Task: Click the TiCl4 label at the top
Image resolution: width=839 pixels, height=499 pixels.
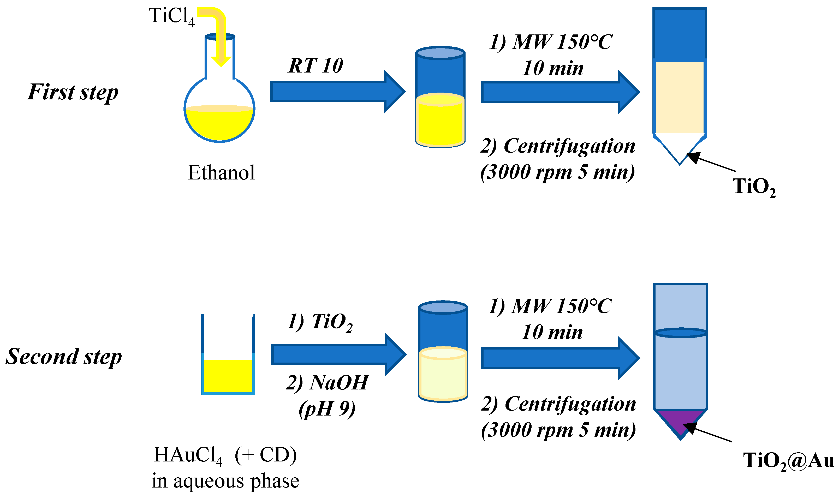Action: pos(171,16)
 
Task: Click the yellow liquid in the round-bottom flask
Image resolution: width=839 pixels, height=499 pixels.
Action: pos(219,124)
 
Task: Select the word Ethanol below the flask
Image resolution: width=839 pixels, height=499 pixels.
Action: pos(221,173)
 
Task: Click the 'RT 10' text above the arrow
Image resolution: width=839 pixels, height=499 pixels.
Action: pos(315,65)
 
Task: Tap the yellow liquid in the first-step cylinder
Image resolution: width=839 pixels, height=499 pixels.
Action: pos(440,123)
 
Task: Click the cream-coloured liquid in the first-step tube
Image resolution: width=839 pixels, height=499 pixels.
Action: pos(679,98)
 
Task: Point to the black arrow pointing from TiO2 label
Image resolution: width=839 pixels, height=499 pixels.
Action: pos(710,162)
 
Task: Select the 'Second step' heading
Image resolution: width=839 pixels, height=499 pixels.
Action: pos(64,356)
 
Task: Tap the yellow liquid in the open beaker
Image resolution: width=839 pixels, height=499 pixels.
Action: pos(228,376)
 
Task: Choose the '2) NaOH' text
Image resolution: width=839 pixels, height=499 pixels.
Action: pos(327,382)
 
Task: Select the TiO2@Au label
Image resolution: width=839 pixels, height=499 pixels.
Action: pos(788,460)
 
